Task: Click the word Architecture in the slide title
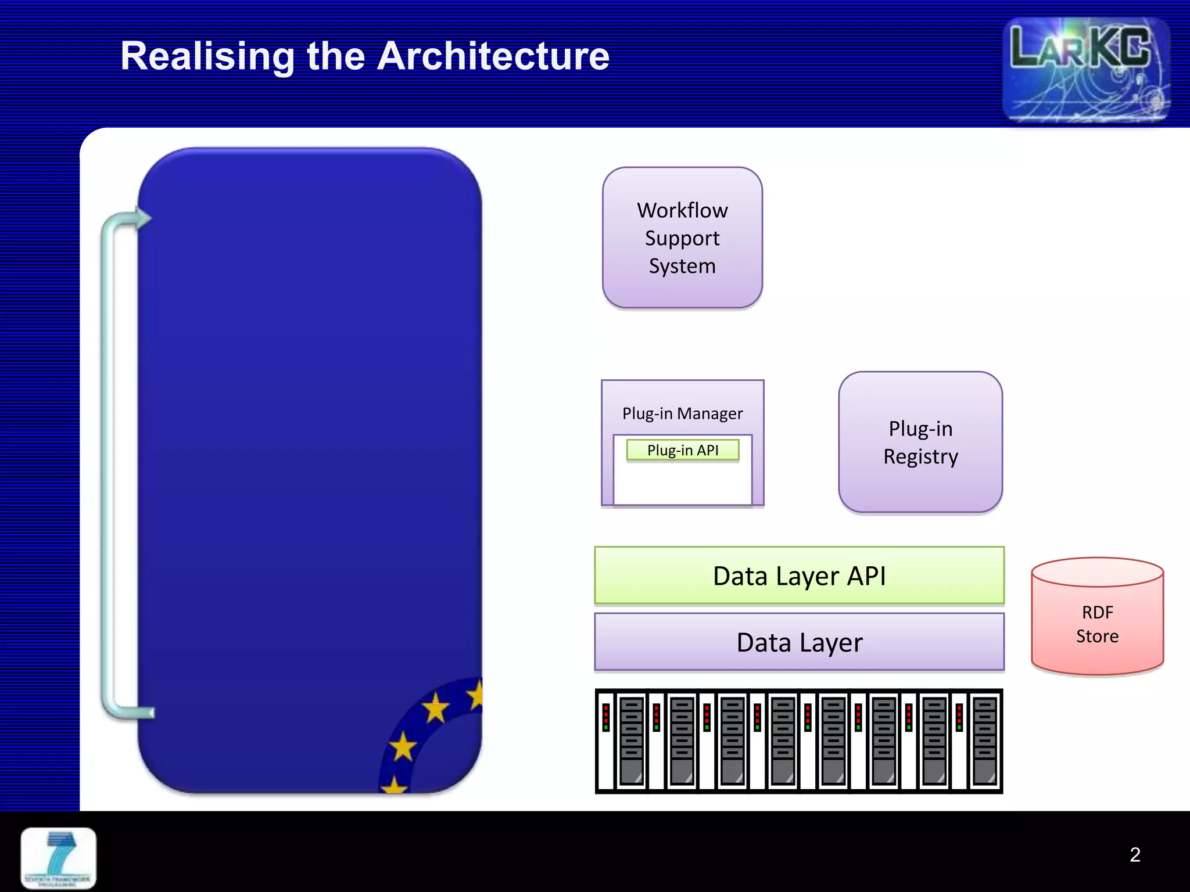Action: pos(493,56)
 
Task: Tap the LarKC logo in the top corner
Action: pos(1085,70)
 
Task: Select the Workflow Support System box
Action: pos(682,238)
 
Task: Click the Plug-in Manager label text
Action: pos(682,413)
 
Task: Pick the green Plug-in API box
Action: pos(683,450)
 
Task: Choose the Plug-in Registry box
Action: pos(920,442)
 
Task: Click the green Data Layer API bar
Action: pos(799,576)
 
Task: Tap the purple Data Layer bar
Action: pos(799,642)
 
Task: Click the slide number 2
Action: pos(1135,854)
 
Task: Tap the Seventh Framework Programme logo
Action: pos(58,858)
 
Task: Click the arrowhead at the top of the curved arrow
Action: pos(142,218)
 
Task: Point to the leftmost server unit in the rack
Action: pos(631,740)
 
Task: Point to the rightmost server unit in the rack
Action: pos(984,740)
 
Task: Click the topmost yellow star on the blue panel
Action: pos(477,695)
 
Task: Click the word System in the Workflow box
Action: pos(682,266)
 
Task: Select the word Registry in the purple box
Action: pos(920,457)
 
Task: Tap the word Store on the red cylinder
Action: pos(1097,636)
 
